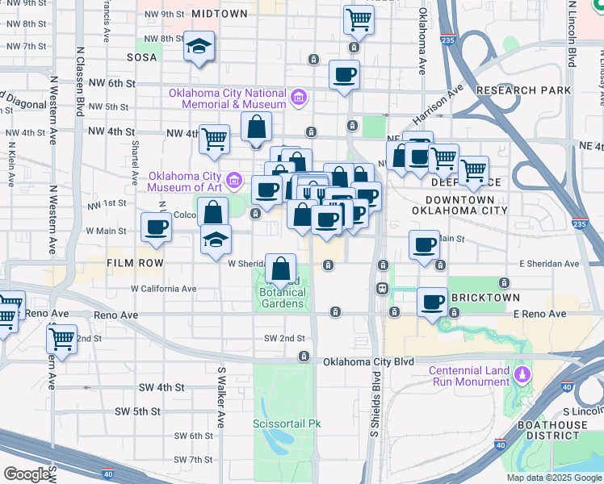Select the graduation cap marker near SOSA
tap(198, 47)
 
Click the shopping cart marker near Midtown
tap(359, 19)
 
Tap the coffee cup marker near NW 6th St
tap(345, 75)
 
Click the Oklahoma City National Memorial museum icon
tap(299, 98)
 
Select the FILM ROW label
tap(136, 263)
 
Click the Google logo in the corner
tap(27, 474)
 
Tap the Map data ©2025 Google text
tap(554, 478)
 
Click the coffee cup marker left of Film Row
tap(156, 227)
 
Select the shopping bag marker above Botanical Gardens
tap(280, 268)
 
